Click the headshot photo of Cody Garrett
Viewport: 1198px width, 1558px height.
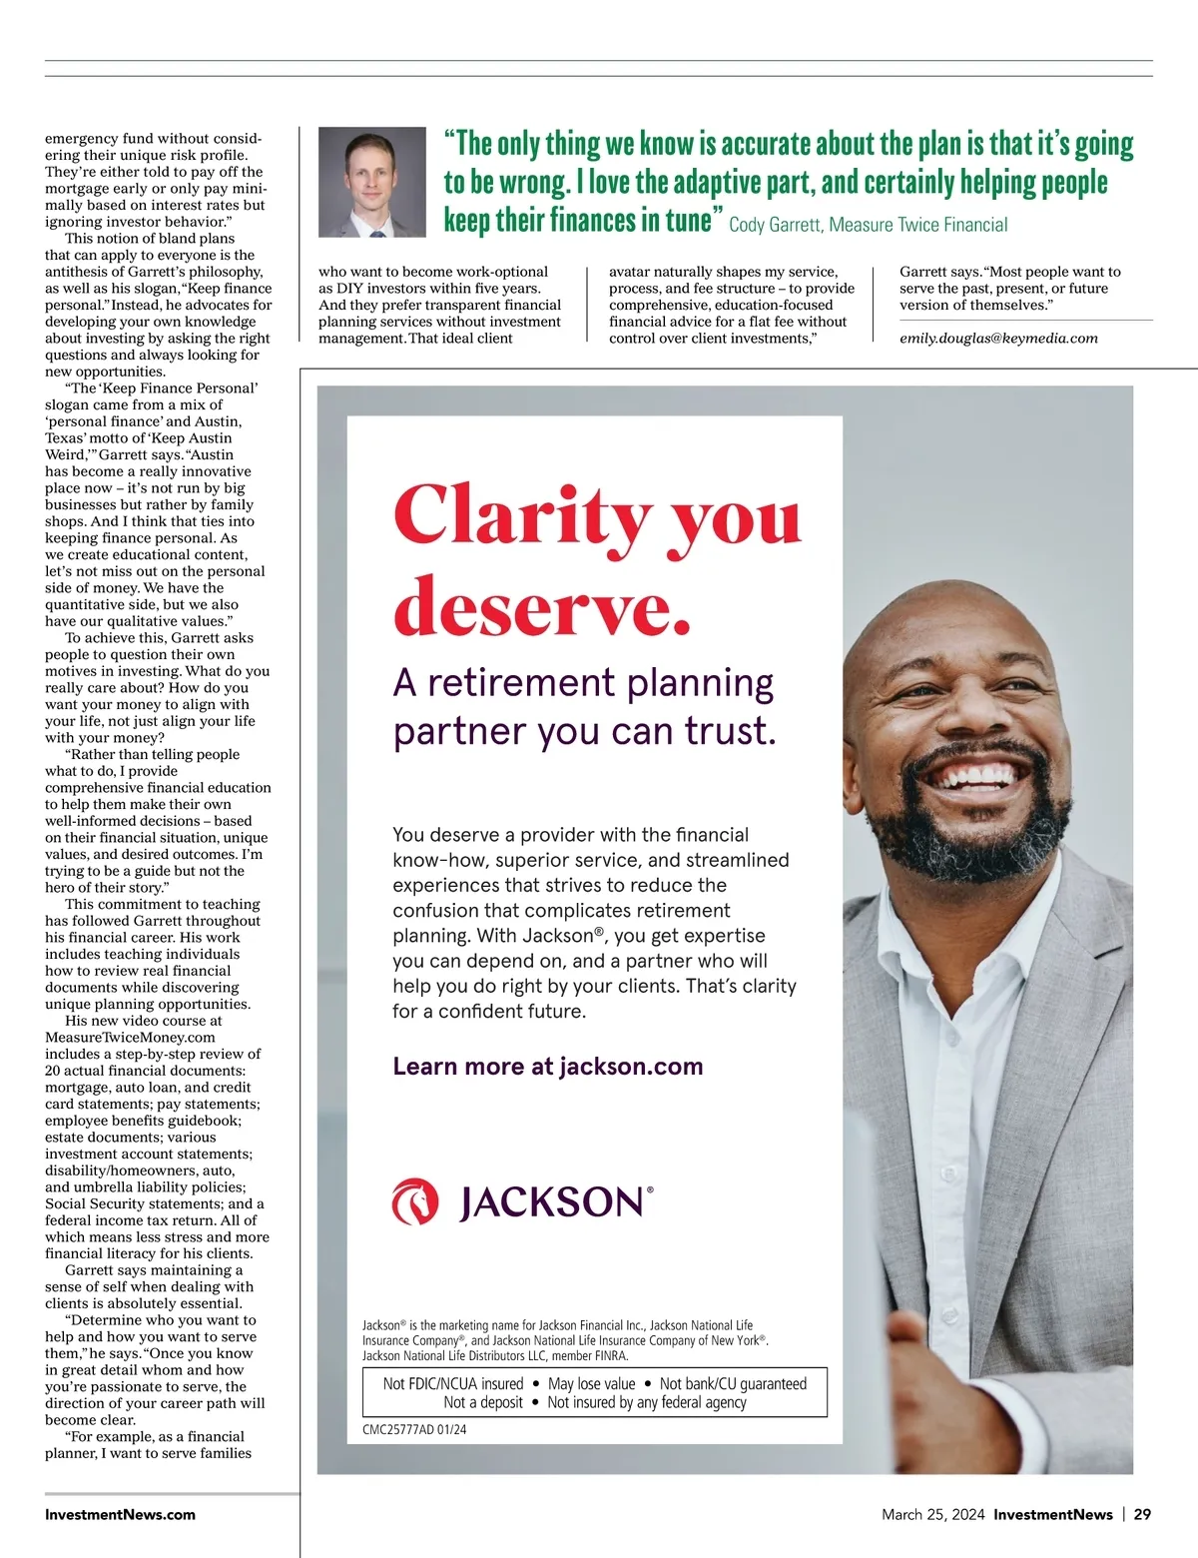coord(372,182)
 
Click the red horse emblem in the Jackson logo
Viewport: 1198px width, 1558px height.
coord(415,1201)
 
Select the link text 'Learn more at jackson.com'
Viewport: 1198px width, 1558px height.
coord(548,1067)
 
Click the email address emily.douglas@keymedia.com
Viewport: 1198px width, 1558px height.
coord(998,339)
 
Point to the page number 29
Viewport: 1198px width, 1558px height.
coord(1142,1514)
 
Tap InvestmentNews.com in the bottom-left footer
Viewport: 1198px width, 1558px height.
coord(120,1514)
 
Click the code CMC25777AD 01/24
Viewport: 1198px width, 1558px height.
coord(414,1429)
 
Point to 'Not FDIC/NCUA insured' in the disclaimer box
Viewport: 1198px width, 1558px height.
coord(453,1383)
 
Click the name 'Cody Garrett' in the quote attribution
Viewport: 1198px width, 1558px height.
coord(775,225)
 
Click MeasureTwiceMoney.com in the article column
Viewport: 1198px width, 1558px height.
coord(130,1037)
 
